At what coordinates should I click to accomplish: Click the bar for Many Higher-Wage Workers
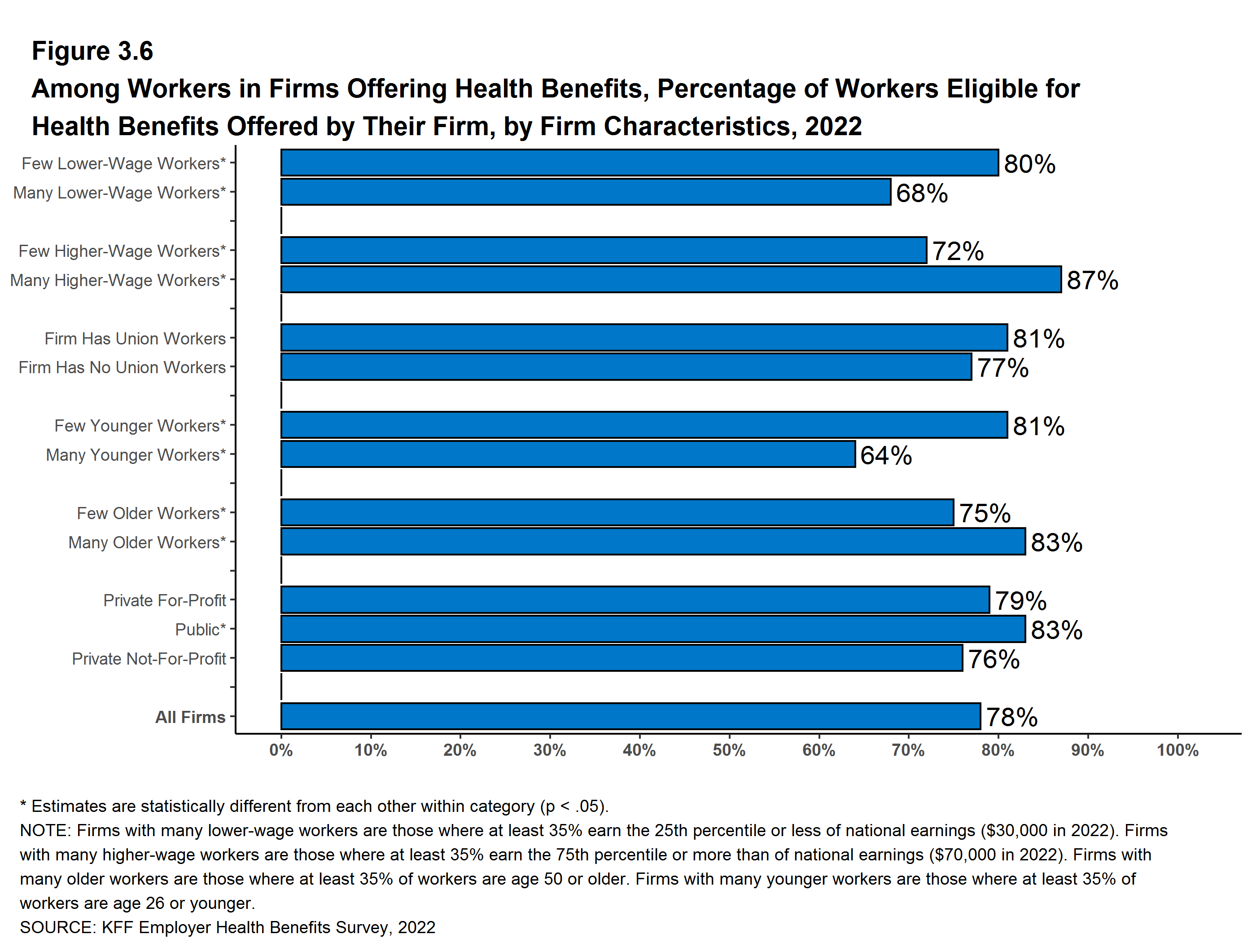tap(671, 280)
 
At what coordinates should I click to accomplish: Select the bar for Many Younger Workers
tap(568, 454)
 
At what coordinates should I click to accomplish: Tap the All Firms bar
tap(630, 716)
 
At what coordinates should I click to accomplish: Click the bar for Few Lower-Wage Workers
tap(639, 163)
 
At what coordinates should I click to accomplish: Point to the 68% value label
tap(921, 193)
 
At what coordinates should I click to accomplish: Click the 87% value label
tap(1092, 280)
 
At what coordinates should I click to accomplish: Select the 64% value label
tap(886, 455)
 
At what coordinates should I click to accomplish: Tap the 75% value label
tap(985, 514)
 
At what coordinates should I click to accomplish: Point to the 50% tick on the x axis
tap(729, 750)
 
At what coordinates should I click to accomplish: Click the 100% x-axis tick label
tap(1178, 750)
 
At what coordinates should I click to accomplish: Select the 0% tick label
tap(281, 750)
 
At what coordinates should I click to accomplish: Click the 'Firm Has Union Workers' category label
tap(135, 339)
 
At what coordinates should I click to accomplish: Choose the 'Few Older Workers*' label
tap(151, 513)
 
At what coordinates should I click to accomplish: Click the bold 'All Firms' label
tap(190, 717)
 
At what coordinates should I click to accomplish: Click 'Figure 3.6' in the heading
tap(92, 51)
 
